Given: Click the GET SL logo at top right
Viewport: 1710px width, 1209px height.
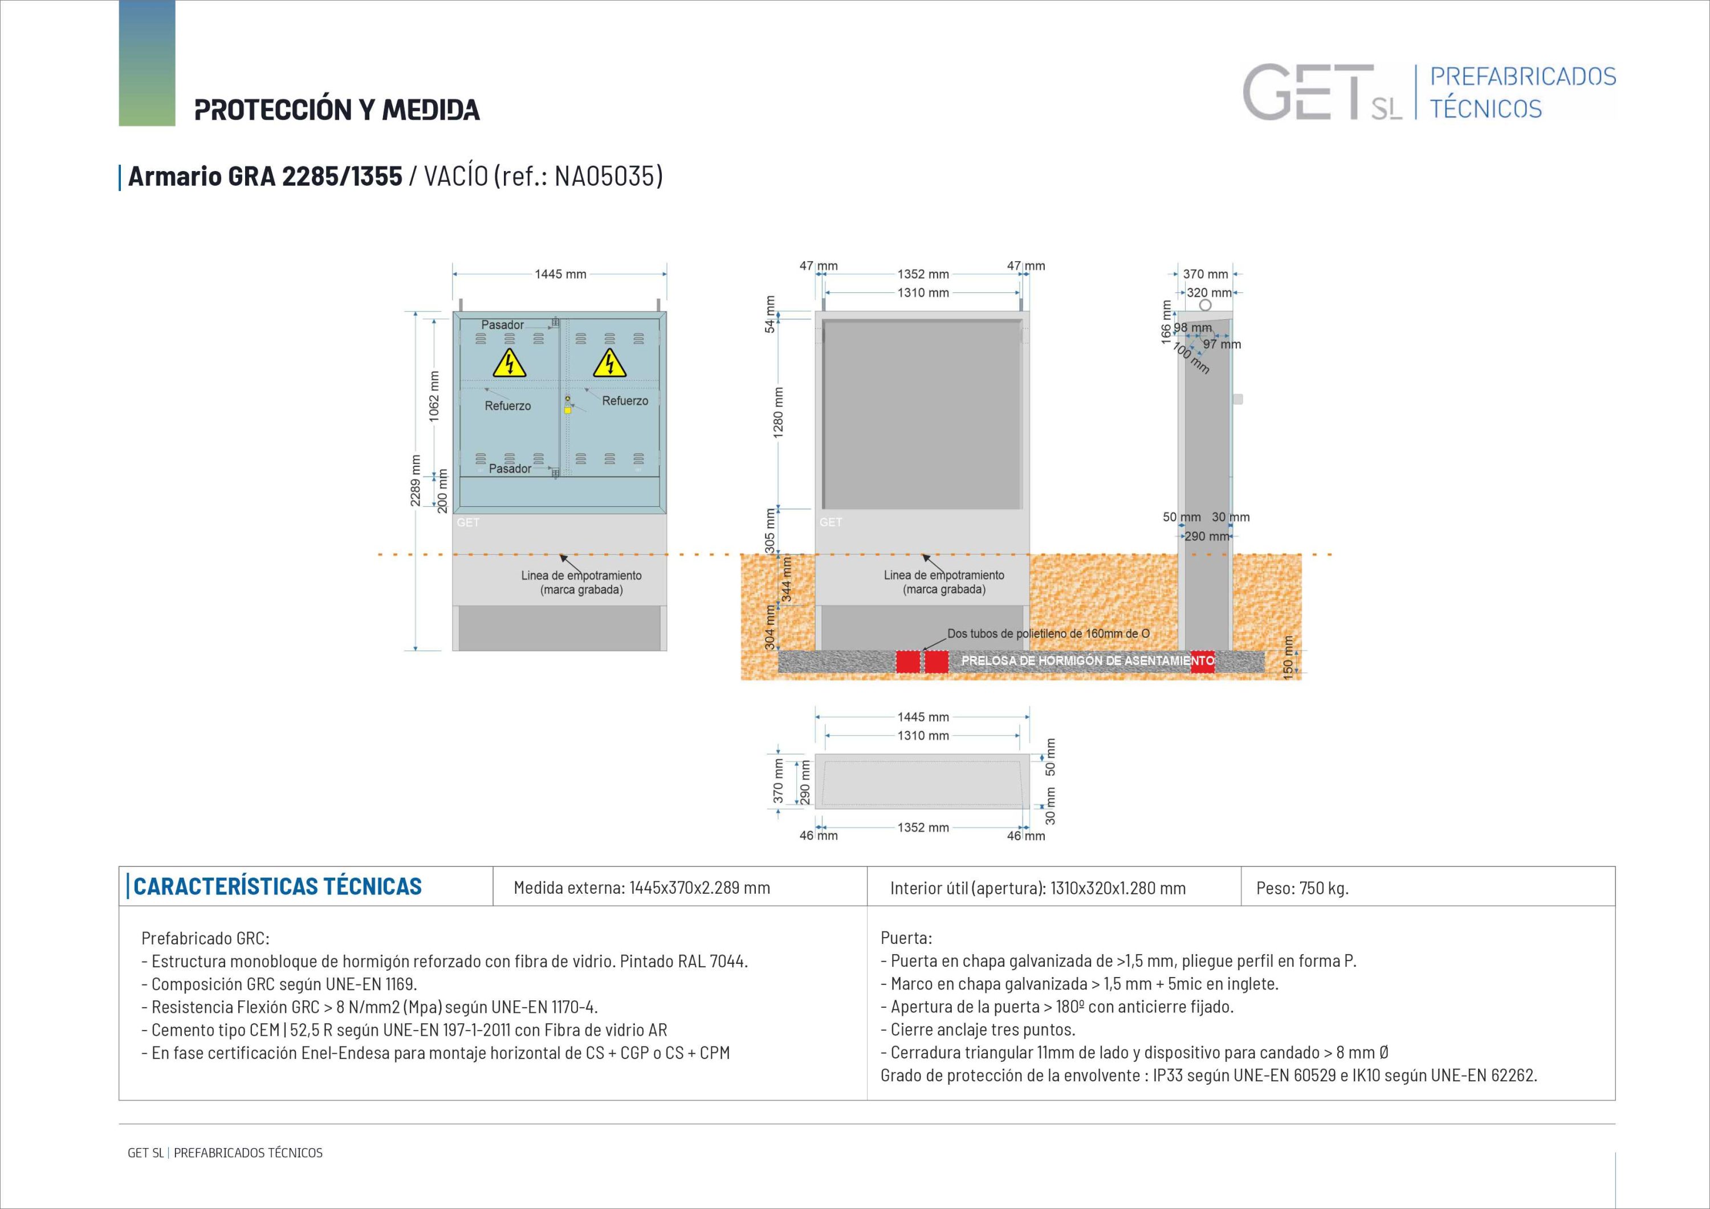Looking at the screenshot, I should (x=1322, y=93).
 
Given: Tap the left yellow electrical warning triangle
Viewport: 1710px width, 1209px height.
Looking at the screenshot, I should (x=510, y=364).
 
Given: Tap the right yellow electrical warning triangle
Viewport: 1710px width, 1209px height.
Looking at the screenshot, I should (x=609, y=364).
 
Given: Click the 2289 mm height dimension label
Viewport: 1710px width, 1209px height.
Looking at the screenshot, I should (x=416, y=481).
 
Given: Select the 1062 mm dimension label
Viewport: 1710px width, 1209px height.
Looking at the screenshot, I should (x=434, y=396).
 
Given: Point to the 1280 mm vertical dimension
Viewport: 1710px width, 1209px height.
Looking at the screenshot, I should (x=778, y=412).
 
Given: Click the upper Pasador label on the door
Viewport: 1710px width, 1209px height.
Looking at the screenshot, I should (x=502, y=325).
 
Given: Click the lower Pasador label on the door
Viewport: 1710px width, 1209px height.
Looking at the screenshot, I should (x=510, y=469).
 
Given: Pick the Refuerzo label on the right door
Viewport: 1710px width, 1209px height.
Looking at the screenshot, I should (x=625, y=401).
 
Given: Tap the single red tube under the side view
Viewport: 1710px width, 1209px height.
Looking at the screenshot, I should (x=1202, y=661).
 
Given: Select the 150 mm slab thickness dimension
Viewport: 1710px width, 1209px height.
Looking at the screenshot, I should (x=1288, y=657).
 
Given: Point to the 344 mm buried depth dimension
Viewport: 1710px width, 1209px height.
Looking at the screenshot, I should (x=787, y=580).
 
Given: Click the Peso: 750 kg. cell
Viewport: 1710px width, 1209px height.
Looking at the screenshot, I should (x=1302, y=888).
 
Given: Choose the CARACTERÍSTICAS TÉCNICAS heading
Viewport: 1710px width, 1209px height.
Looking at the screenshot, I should (x=277, y=886).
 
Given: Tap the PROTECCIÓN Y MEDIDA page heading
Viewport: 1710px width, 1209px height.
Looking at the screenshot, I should (x=337, y=109).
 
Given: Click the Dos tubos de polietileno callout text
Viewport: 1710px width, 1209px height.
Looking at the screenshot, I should (x=1048, y=634).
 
